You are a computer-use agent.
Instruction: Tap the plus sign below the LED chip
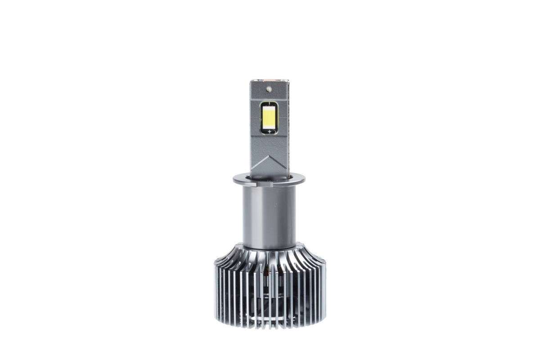tap(270, 131)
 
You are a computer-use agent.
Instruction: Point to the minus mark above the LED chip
tap(270, 100)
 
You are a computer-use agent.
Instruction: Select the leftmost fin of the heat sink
tap(216, 288)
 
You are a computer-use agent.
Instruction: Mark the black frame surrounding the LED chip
tap(261, 116)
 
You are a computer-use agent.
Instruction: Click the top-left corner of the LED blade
tap(251, 81)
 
